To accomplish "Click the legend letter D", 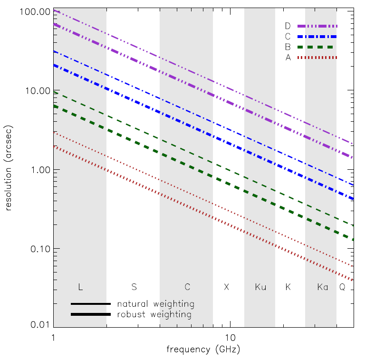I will point(288,26).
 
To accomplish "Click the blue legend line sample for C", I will point(317,37).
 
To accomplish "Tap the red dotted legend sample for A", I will point(317,58).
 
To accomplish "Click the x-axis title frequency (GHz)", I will point(203,350).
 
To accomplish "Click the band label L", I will point(80,287).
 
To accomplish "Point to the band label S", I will point(134,287).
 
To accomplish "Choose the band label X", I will point(226,287).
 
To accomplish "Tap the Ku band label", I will point(260,287).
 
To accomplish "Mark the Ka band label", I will point(323,287).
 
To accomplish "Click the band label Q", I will point(342,287).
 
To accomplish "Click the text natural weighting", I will point(156,304).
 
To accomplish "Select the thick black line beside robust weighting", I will point(91,315).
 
